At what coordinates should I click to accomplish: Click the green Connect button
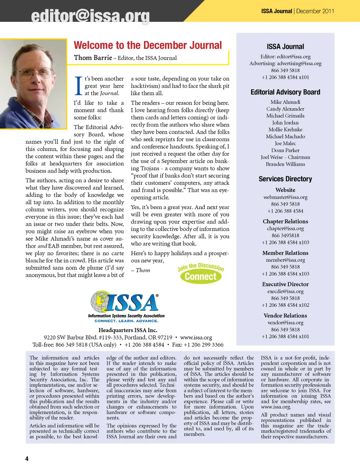[200, 277]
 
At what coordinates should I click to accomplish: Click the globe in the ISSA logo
[100, 300]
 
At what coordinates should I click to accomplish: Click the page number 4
[27, 459]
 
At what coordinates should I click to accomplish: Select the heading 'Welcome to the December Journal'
[148, 45]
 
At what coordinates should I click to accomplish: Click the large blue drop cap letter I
[78, 86]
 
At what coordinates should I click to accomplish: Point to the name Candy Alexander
[285, 109]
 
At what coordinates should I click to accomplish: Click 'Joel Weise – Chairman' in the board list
[285, 157]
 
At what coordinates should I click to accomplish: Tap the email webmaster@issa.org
[285, 197]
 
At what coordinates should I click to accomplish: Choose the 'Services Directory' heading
[285, 179]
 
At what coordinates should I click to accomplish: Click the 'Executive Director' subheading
[285, 284]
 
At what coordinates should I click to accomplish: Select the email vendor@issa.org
[285, 322]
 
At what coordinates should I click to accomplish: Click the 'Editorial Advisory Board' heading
[285, 92]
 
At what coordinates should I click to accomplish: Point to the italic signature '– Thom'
[141, 270]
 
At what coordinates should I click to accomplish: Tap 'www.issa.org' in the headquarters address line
[196, 337]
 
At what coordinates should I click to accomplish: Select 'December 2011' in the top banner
[315, 11]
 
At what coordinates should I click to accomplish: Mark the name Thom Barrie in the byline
[93, 58]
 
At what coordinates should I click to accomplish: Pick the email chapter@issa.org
[285, 228]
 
